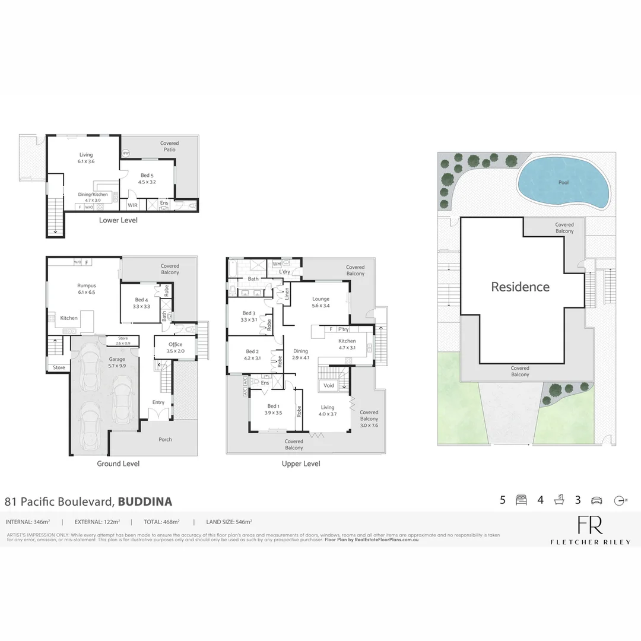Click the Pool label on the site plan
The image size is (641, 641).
click(563, 182)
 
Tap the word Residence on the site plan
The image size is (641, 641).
click(520, 287)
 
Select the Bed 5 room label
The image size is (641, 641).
click(147, 176)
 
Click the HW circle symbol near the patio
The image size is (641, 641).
click(125, 153)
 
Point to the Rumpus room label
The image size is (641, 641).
click(86, 285)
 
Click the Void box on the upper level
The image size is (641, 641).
click(328, 386)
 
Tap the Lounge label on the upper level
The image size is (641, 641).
click(321, 299)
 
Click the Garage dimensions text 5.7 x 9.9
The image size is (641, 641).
click(116, 366)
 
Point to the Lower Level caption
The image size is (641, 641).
click(119, 220)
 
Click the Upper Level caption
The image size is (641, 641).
click(301, 464)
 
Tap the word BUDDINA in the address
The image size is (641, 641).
click(145, 502)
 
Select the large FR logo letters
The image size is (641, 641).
click(590, 525)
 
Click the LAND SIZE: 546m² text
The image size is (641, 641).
click(229, 522)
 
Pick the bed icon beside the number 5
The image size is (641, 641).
click(521, 500)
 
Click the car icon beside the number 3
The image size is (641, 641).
click(596, 500)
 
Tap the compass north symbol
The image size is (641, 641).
click(620, 500)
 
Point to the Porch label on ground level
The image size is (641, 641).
click(165, 440)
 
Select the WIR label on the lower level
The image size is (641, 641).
click(133, 205)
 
